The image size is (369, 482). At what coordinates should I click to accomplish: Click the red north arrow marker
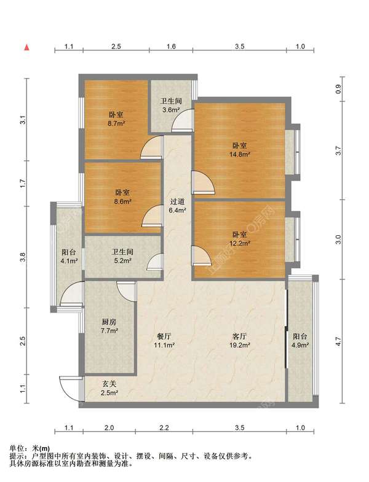pos(27,47)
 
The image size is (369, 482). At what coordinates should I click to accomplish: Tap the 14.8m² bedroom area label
pos(239,154)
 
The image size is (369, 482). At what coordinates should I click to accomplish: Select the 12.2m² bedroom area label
pos(239,243)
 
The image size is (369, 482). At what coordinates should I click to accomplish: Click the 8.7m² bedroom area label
pos(116,123)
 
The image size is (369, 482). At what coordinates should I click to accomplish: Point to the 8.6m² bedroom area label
pos(122,201)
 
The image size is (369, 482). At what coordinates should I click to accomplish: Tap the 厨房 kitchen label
pos(109,322)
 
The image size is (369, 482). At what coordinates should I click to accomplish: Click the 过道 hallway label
pos(177,201)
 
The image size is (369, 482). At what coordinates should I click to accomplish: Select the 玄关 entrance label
pos(109,384)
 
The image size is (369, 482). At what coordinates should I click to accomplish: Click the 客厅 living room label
pos(239,336)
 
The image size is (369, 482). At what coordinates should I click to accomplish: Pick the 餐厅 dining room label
pos(164,336)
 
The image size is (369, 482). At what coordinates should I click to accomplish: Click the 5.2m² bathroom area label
pos(122,261)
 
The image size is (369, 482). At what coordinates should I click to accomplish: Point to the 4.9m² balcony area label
pos(300,345)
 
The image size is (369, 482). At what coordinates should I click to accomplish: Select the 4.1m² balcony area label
pos(68,261)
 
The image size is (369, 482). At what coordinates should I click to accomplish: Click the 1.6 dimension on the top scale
pos(171,47)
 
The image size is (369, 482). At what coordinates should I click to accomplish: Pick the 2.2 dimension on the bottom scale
pos(164,427)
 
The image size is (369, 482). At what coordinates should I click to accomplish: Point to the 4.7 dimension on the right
pos(338,341)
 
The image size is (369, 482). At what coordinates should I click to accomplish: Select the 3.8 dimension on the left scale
pos(22,257)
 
